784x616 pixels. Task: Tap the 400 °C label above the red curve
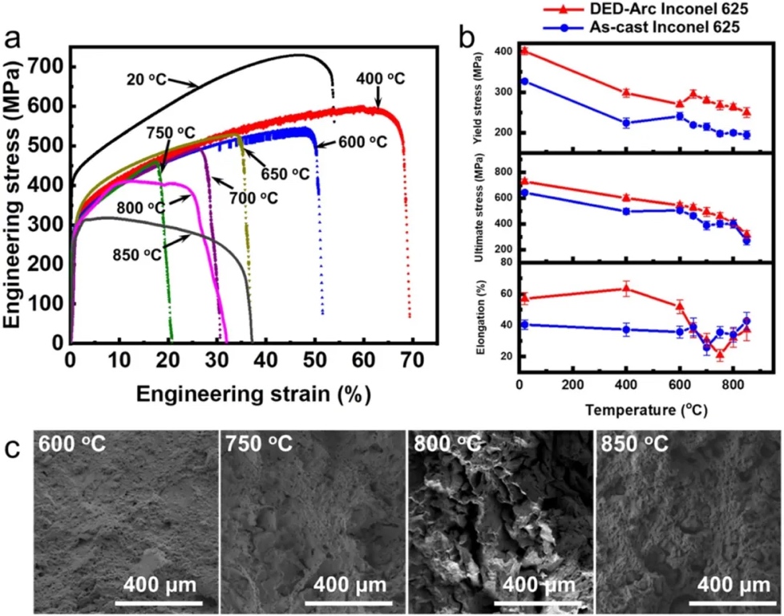click(381, 79)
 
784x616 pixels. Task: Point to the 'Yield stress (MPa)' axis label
click(479, 99)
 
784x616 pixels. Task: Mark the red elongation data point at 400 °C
click(626, 289)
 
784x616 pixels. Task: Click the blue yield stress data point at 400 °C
click(626, 123)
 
